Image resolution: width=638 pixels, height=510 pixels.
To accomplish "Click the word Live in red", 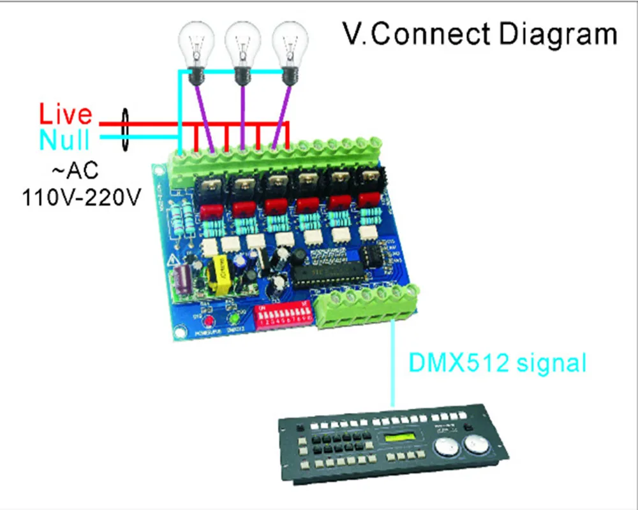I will click(66, 115).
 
